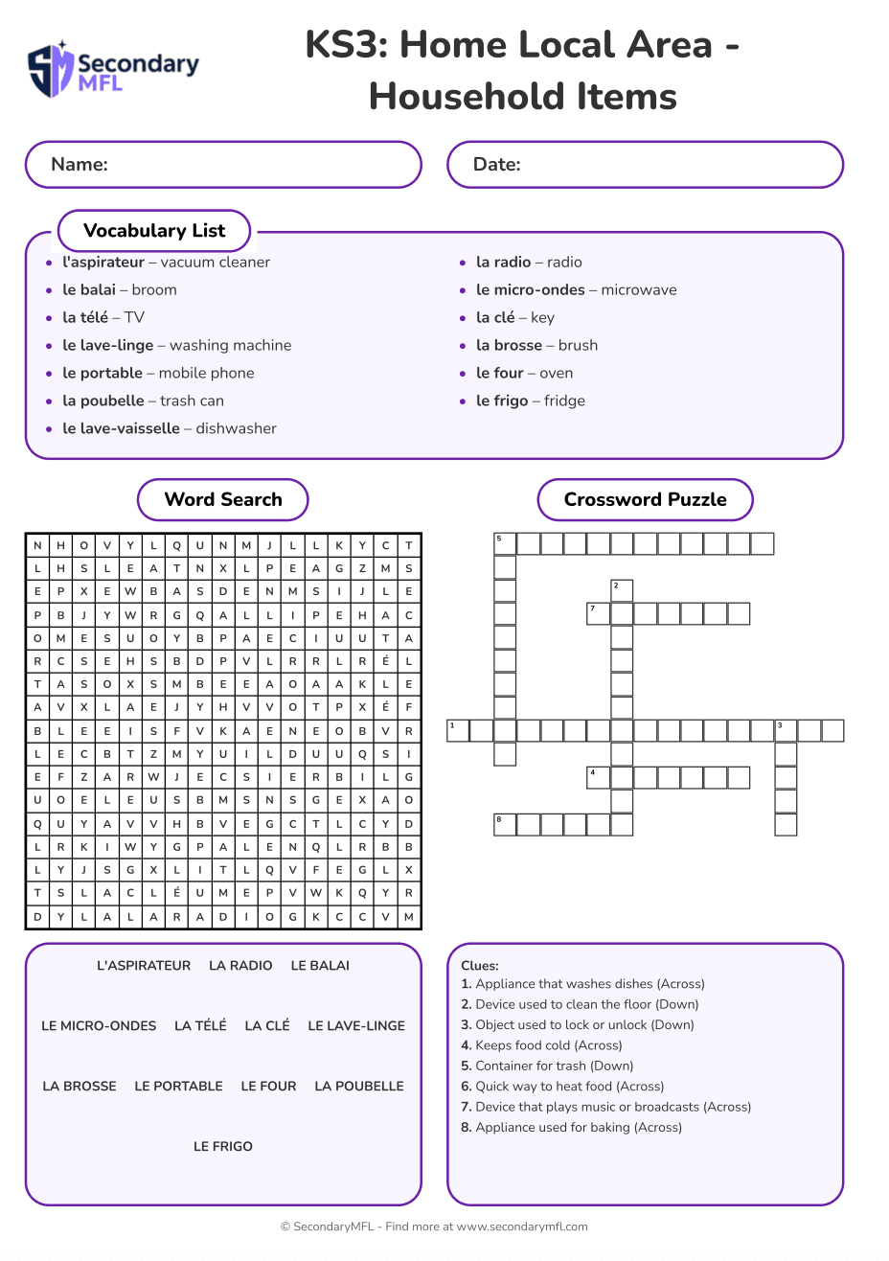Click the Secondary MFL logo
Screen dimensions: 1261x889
113,69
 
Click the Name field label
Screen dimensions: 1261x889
80,165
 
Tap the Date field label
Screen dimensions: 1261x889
497,165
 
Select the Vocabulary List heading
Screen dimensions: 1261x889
154,231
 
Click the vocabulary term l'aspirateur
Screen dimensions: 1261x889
103,263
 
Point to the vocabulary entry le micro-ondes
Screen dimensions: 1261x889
530,290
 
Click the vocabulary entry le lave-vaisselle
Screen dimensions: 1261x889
121,429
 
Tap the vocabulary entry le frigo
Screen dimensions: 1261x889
502,401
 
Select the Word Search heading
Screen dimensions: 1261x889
223,500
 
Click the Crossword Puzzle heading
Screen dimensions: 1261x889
645,500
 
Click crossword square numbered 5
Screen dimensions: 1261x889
505,544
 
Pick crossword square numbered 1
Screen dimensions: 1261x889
458,731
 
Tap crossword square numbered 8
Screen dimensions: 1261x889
505,824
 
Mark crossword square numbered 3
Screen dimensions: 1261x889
786,731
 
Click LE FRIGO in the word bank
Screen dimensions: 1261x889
223,1146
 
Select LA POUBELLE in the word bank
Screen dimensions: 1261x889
359,1086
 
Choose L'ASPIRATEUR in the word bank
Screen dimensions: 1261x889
144,966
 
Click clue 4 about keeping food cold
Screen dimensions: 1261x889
541,1045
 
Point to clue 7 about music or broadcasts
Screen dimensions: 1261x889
605,1107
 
